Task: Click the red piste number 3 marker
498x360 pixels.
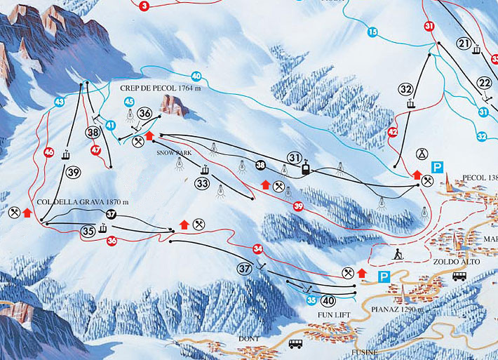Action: [x=144, y=6]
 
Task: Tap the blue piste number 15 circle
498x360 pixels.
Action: [x=372, y=32]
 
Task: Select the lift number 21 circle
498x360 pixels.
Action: [x=463, y=44]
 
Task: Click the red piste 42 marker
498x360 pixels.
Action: [x=392, y=132]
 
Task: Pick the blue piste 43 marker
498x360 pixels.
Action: [x=59, y=102]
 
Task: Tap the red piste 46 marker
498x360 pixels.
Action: [x=48, y=152]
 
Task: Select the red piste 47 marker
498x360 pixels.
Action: [x=96, y=149]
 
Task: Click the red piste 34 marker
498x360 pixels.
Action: [x=258, y=248]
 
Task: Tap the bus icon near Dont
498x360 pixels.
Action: [x=295, y=343]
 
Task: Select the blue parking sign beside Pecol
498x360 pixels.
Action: [x=438, y=167]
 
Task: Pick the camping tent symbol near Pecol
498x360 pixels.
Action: [x=422, y=153]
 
